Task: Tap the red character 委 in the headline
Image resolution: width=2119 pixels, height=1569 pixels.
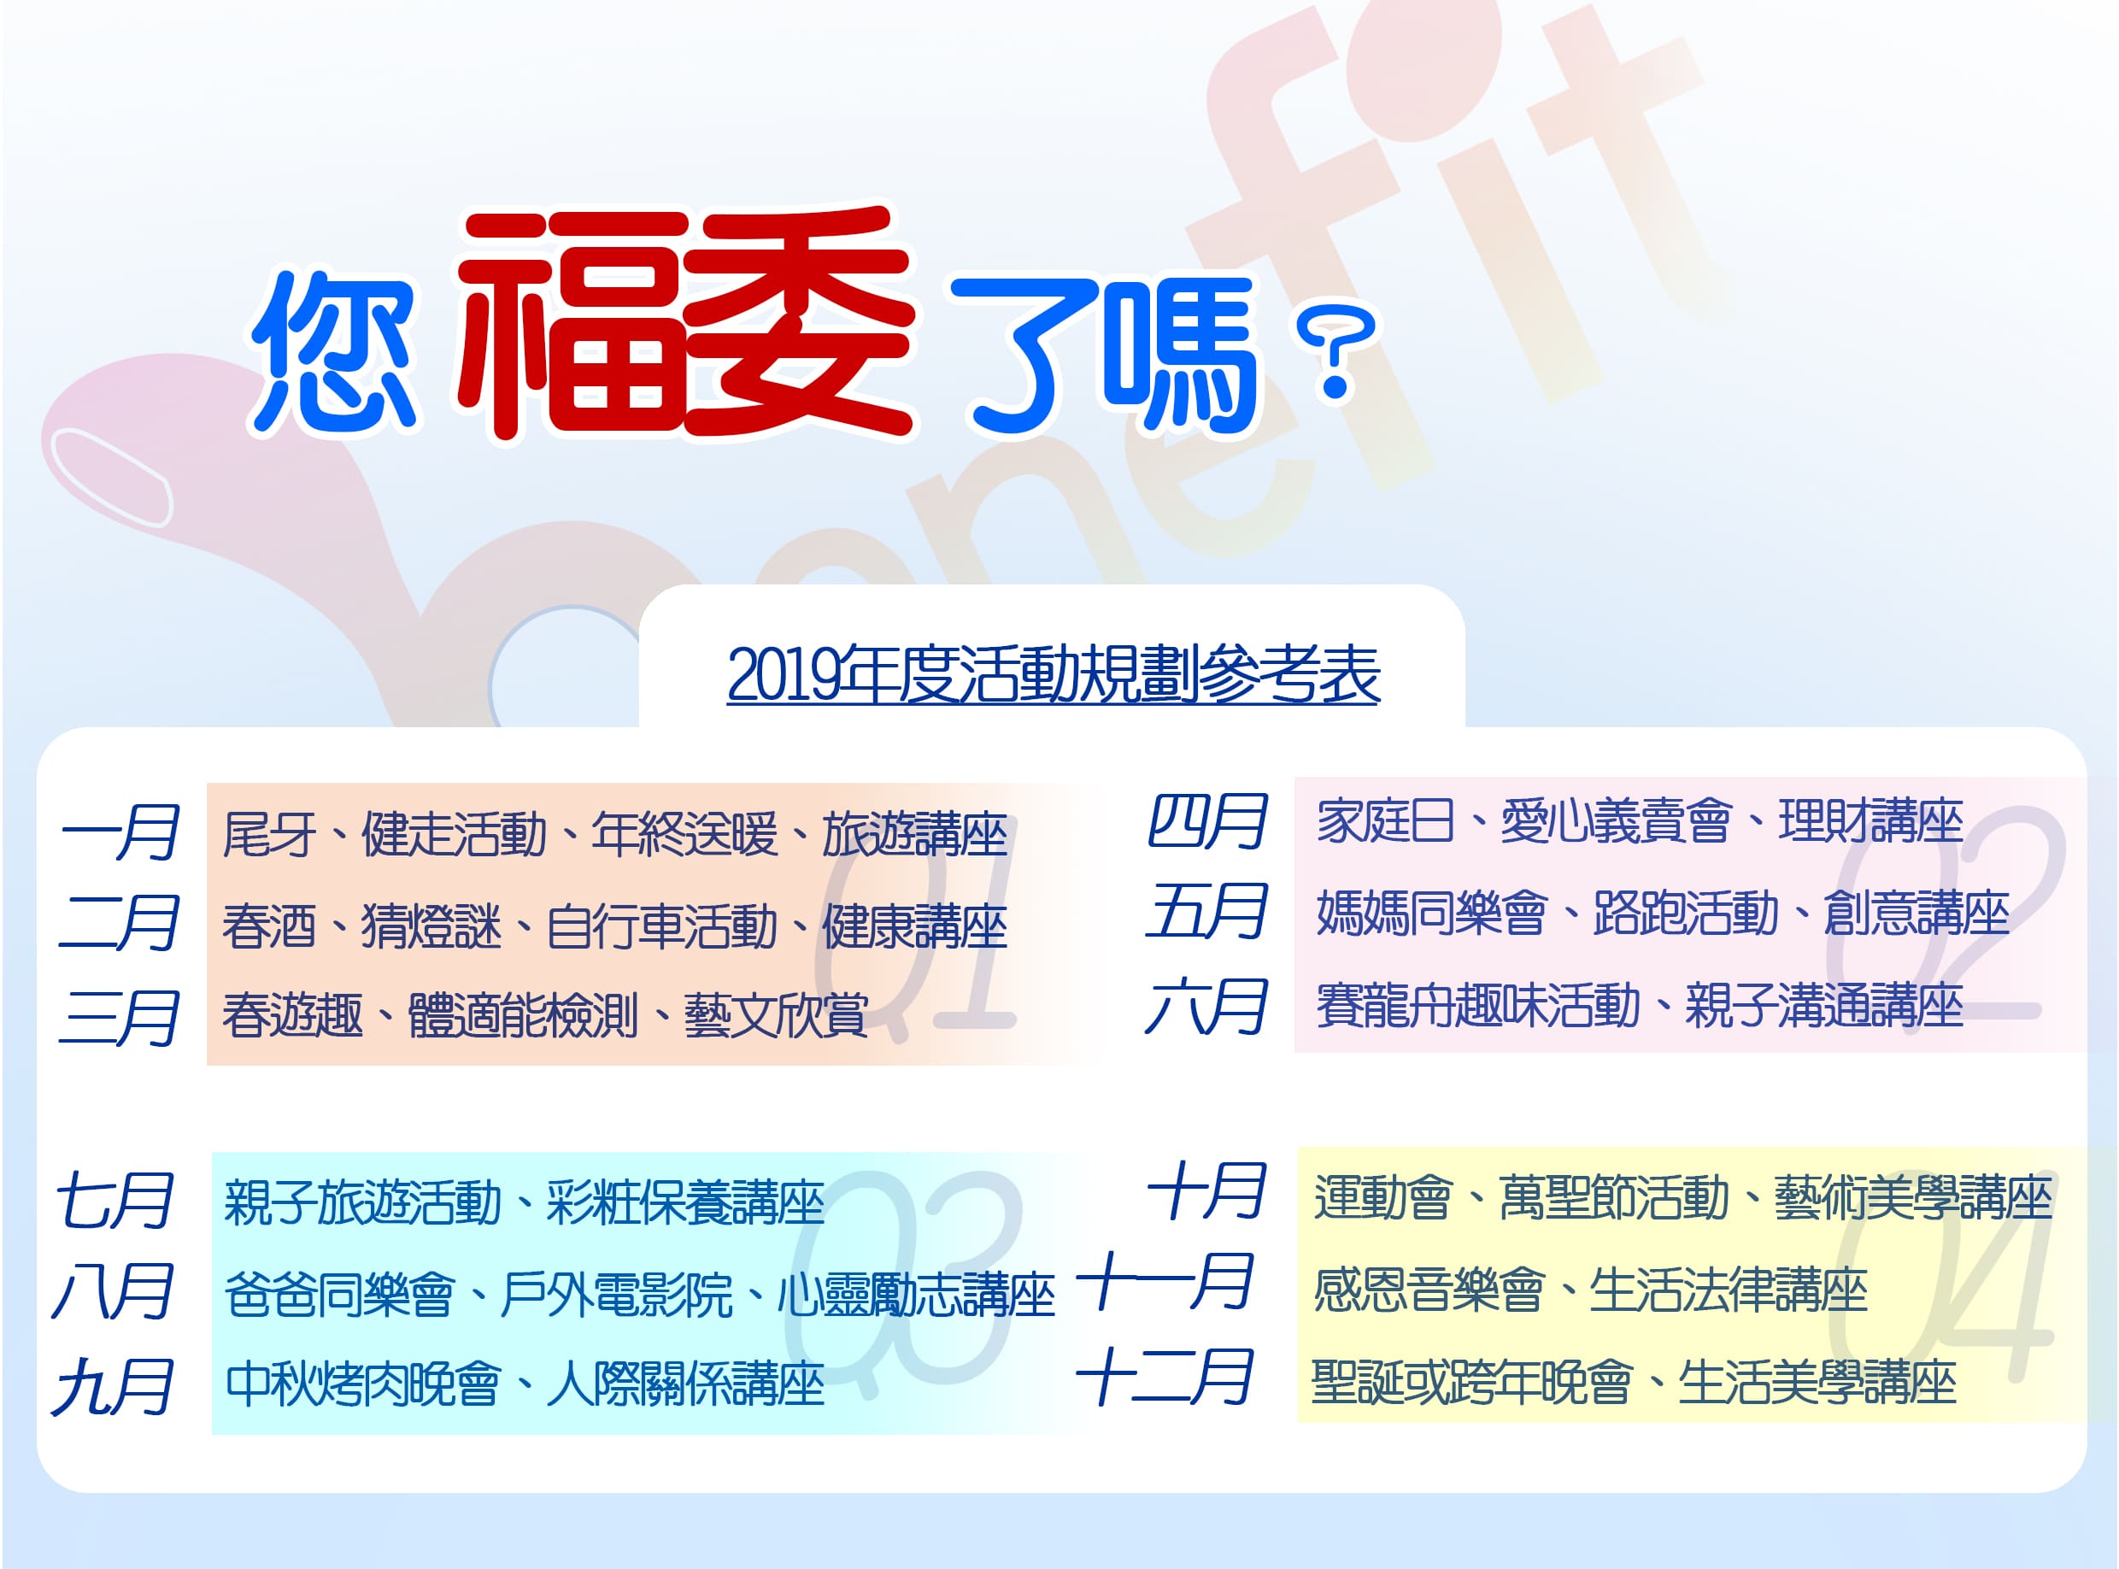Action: click(797, 323)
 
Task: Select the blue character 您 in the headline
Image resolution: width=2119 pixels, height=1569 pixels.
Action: click(334, 352)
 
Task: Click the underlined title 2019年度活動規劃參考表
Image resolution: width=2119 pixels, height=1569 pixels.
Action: click(1053, 675)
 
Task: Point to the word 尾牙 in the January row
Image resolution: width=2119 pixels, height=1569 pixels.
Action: click(268, 835)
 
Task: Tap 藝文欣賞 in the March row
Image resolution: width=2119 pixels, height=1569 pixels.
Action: click(776, 1015)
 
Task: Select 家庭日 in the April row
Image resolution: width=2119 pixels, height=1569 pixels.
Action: click(1385, 821)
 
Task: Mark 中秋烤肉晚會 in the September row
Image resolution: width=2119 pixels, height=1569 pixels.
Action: click(362, 1384)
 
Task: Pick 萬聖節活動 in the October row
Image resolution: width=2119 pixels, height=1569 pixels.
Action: click(1614, 1197)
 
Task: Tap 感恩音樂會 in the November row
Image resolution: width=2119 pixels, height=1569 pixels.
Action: click(1429, 1289)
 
